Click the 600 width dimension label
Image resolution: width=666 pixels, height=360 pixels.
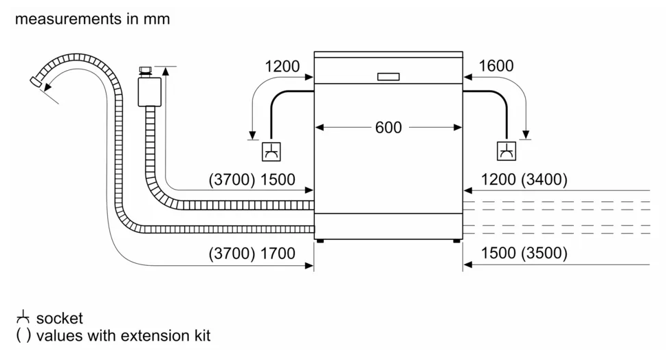click(388, 127)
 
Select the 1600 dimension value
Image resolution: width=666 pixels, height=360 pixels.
click(496, 66)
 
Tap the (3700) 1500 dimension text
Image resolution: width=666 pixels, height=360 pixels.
click(252, 179)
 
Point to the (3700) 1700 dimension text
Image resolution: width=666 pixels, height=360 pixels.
click(252, 254)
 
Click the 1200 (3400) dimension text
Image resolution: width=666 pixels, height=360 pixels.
click(524, 179)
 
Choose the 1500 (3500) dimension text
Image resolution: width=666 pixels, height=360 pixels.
click(524, 253)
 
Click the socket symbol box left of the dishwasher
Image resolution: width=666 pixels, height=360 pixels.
click(271, 151)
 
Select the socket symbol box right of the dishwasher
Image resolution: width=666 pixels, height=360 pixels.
click(507, 150)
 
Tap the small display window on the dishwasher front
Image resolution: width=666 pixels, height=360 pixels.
click(388, 76)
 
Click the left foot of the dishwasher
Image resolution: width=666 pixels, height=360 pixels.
click(320, 240)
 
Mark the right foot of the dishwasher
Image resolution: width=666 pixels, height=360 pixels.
click(456, 240)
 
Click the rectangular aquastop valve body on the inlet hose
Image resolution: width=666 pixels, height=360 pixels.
click(150, 91)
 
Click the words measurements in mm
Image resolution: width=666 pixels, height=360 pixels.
click(93, 19)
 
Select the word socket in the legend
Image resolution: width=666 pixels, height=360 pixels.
click(60, 318)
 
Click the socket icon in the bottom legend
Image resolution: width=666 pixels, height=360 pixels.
click(23, 317)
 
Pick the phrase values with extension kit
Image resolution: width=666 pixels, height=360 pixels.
click(123, 335)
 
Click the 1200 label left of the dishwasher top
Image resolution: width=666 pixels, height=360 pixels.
click(282, 66)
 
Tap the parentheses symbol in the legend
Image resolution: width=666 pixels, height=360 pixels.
click(23, 335)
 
